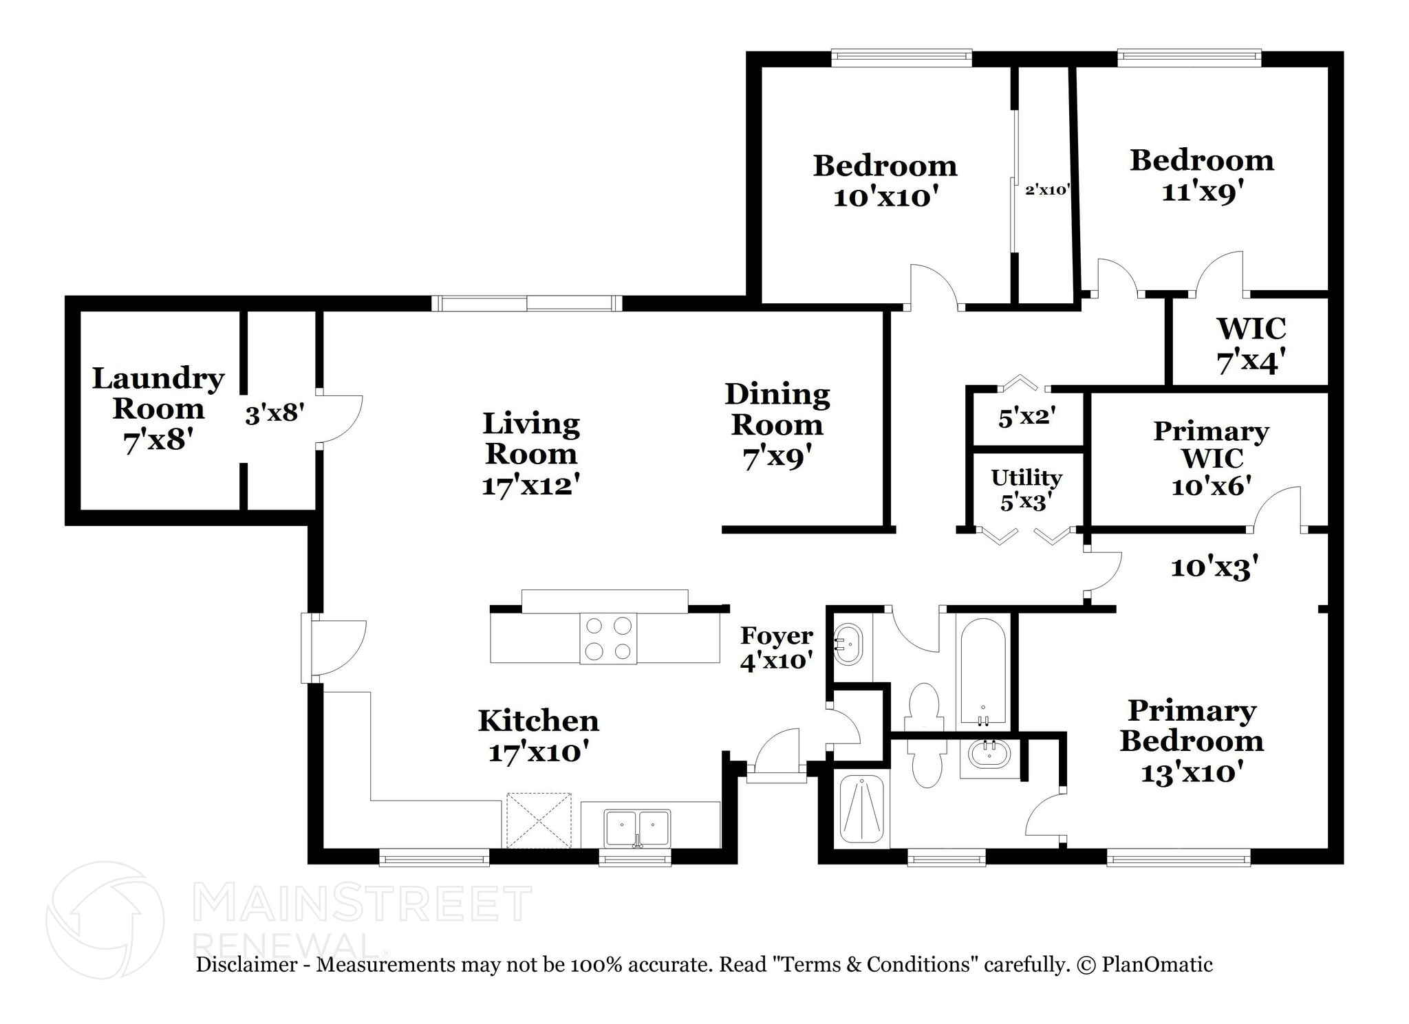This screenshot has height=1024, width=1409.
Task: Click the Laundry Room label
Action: coord(158,393)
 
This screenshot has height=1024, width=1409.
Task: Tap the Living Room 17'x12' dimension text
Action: coord(530,486)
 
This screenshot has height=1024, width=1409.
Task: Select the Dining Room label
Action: coord(777,409)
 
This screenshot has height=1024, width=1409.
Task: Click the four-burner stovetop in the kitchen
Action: coord(608,638)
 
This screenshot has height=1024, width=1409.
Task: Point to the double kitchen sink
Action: coord(636,828)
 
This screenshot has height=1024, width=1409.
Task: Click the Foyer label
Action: coord(777,636)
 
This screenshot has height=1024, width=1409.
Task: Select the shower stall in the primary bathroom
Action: coord(861,810)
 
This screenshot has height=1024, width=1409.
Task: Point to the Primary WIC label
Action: coord(1211,444)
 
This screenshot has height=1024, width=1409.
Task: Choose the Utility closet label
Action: coord(1026,477)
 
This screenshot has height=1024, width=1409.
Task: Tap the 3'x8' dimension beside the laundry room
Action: coord(275,414)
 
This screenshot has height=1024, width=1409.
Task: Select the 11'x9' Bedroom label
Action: coord(1202,175)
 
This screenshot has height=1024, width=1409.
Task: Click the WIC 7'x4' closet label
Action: coord(1251,344)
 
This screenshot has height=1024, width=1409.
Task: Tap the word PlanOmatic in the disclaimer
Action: coord(1157,965)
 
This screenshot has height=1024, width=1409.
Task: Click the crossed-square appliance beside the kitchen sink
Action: coord(539,820)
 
